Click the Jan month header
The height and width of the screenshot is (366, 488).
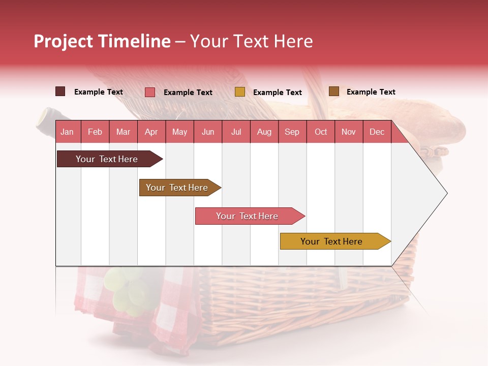coord(67,132)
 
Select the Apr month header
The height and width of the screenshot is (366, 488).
coord(151,132)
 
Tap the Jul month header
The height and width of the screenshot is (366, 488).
coord(236,132)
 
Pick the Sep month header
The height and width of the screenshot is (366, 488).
coord(292,132)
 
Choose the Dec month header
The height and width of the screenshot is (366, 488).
coord(377,132)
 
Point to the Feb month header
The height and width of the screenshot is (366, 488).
coord(95,132)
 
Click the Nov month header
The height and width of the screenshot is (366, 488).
coord(349,132)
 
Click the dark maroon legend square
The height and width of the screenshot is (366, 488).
coord(60,91)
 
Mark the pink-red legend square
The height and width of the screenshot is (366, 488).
coord(150,92)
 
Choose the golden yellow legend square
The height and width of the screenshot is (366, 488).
coord(240,92)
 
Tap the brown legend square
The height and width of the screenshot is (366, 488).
coord(333,91)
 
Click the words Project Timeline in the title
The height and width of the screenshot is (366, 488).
coord(102,41)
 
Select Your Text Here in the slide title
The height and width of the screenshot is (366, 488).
coord(252,41)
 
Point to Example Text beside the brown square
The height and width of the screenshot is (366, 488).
coord(371,92)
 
